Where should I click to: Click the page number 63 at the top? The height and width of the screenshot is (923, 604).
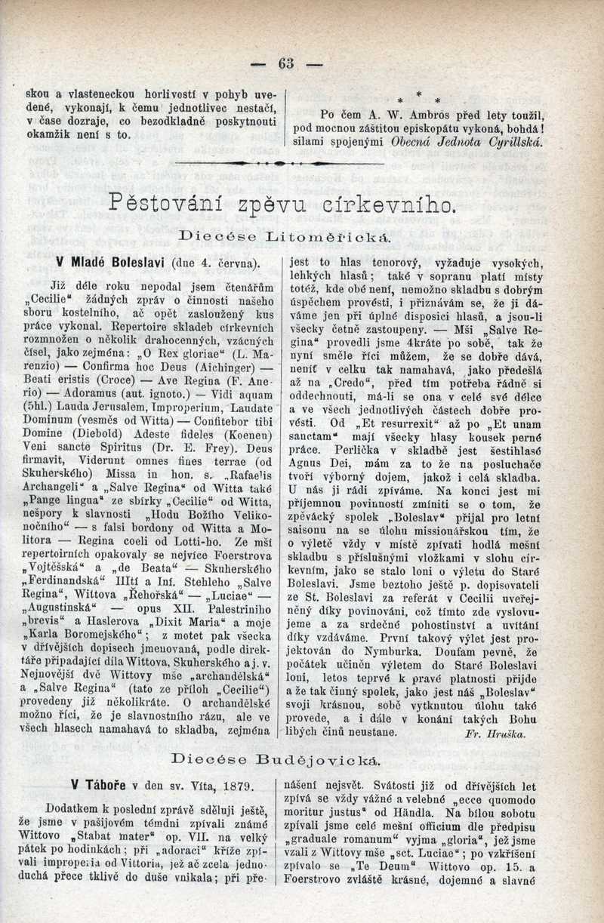[286, 63]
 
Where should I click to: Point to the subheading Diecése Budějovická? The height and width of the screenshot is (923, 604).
[276, 757]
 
